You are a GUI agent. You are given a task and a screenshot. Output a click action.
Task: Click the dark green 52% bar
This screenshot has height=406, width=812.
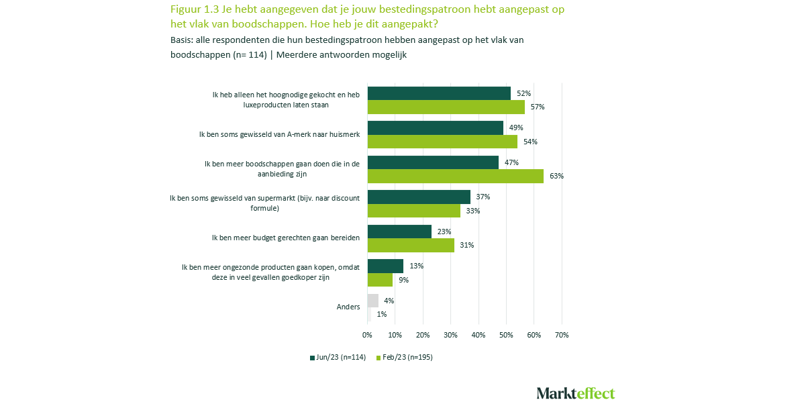tap(439, 93)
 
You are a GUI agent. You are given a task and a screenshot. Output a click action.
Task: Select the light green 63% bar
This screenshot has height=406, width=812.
tap(456, 176)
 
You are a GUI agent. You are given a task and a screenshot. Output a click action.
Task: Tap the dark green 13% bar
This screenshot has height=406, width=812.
tap(385, 266)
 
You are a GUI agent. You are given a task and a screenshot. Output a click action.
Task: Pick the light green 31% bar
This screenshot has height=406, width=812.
tap(411, 245)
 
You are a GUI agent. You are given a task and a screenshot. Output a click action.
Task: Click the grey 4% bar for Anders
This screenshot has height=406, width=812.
tap(372, 300)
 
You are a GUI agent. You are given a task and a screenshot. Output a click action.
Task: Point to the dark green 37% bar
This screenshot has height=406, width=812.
tap(419, 197)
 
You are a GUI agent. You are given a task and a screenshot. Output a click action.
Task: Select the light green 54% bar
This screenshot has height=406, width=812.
tap(442, 142)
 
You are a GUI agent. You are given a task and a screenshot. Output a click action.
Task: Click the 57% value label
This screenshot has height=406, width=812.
tap(538, 107)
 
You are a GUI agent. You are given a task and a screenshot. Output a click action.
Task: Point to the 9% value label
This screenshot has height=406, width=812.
tap(403, 280)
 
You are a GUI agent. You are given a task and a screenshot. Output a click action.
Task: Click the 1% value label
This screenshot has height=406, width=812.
tap(381, 314)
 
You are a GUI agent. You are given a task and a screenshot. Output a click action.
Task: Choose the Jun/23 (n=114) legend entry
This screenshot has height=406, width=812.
tap(338, 358)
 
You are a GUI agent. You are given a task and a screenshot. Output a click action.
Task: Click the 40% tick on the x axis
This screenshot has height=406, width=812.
tap(478, 334)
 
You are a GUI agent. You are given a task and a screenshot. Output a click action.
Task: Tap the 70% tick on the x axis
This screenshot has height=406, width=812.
tap(562, 334)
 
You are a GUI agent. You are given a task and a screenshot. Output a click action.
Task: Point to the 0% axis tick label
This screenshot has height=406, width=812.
tap(367, 334)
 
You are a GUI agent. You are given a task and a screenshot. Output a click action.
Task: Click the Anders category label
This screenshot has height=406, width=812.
tap(348, 307)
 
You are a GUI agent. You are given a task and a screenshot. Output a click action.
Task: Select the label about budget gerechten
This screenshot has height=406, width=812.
tap(286, 238)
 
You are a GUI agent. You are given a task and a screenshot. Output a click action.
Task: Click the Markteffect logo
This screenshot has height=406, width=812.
tap(575, 393)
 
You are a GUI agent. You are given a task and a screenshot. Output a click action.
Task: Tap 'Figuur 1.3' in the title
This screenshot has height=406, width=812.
tap(193, 9)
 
